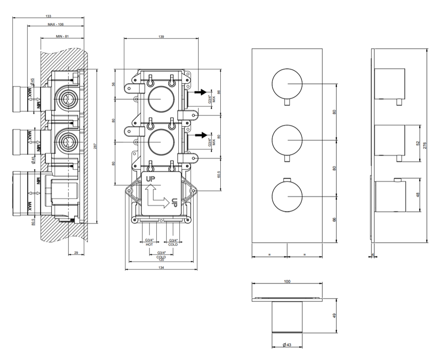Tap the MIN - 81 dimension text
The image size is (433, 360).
click(x=63, y=36)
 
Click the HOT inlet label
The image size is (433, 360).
click(x=149, y=244)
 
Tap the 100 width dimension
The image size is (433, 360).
click(x=287, y=281)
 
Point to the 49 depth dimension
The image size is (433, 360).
click(x=335, y=316)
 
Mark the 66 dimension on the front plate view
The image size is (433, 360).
click(x=335, y=219)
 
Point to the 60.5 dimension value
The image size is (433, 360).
click(x=218, y=174)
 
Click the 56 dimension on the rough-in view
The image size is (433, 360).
click(x=114, y=84)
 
